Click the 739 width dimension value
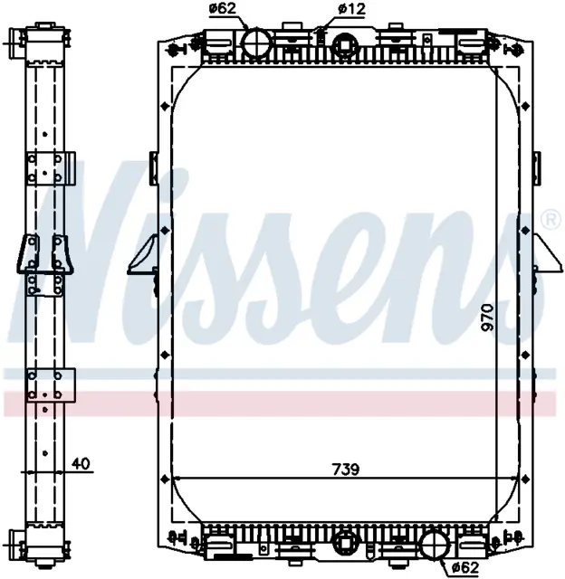click(346, 469)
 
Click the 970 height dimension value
click(488, 317)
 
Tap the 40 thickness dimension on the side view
click(81, 463)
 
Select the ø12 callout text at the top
click(350, 9)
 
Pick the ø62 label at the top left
click(222, 8)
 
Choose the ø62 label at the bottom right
click(465, 566)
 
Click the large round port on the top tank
click(256, 43)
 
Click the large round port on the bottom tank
click(435, 545)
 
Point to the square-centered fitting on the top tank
click(345, 45)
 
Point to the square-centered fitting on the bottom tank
click(345, 542)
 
